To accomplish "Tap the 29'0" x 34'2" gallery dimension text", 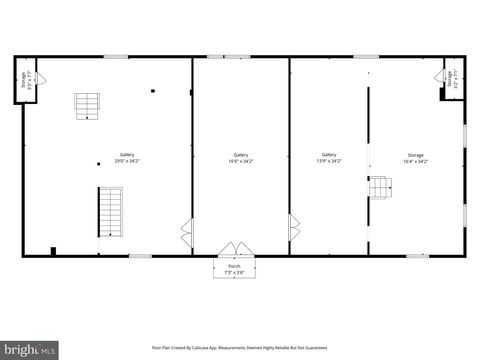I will [x=127, y=160].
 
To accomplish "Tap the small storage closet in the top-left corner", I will [x=24, y=81].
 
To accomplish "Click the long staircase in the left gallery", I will [x=109, y=211].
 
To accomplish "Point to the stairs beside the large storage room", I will [x=379, y=187].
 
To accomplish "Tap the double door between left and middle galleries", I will [x=187, y=233].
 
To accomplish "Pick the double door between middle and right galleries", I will [x=294, y=227].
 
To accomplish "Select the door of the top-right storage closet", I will [x=445, y=76].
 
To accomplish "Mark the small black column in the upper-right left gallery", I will [x=153, y=92].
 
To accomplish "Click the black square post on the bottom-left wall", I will [x=53, y=251].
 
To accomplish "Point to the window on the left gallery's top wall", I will [x=117, y=57].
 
